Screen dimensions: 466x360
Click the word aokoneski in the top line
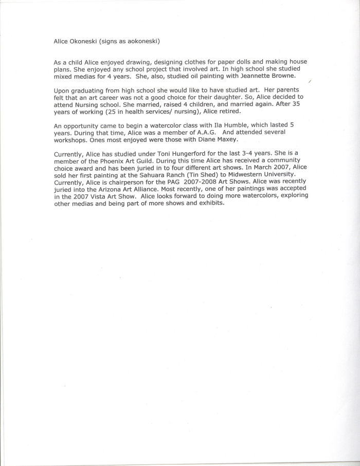[146, 41]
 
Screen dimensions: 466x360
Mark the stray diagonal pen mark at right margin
[310, 82]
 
